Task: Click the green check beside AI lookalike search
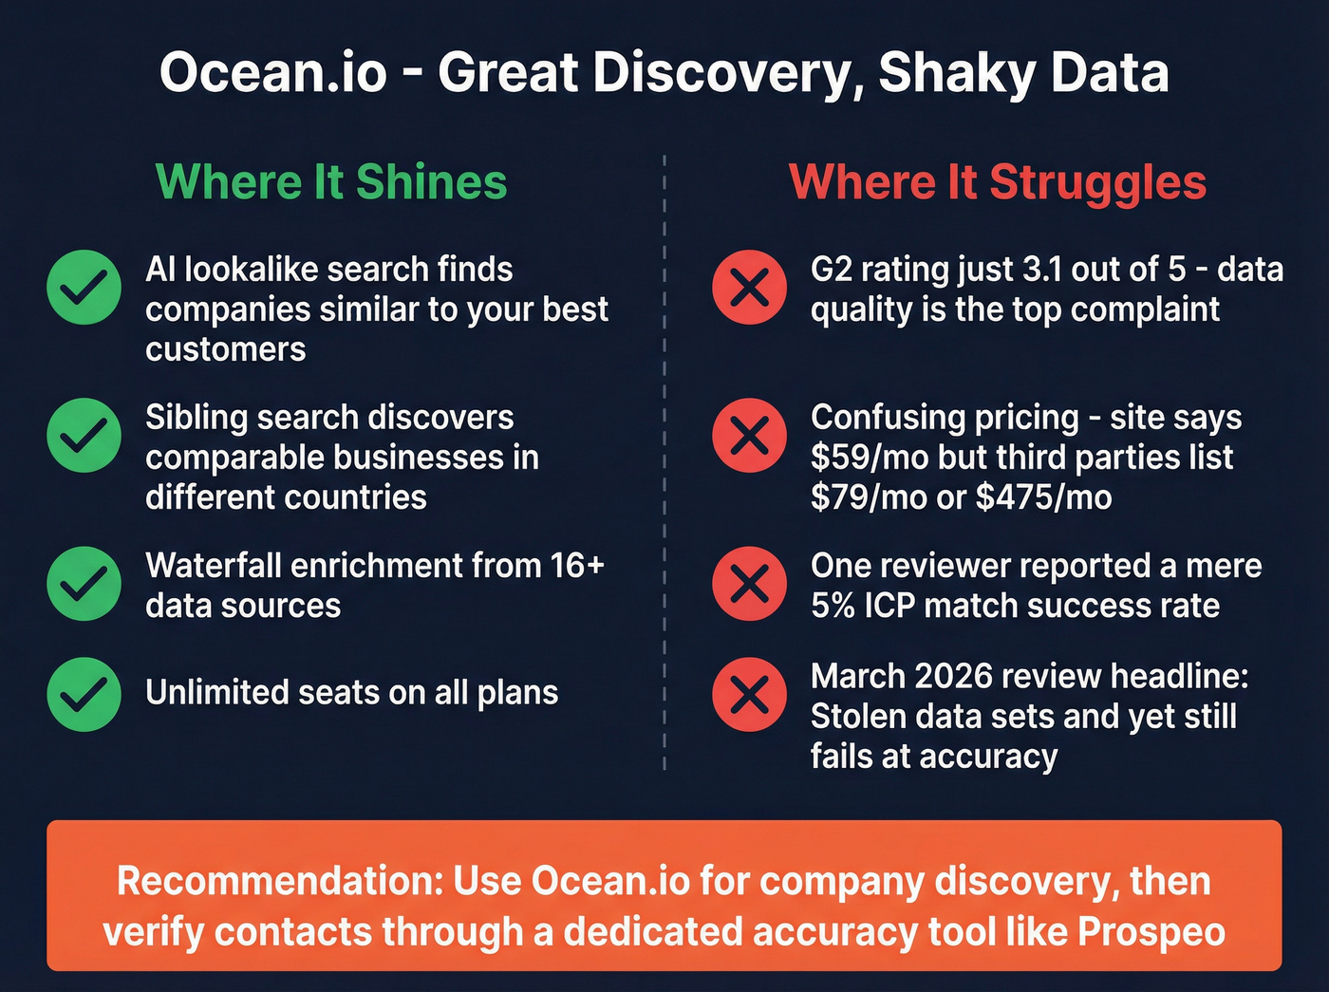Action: coord(84,288)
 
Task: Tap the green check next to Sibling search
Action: coord(84,436)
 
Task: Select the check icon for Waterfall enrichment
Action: coord(84,584)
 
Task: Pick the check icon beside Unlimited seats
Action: coord(84,694)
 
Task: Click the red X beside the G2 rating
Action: coord(750,288)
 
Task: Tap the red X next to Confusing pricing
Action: coord(750,436)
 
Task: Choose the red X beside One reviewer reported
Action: coord(750,584)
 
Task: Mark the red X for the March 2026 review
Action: coord(750,694)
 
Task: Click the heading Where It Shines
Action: coord(331,181)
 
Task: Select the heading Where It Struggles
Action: coord(998,181)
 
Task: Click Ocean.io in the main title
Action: coord(273,73)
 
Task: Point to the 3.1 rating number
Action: coord(1043,270)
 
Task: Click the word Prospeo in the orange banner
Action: coord(1151,932)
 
